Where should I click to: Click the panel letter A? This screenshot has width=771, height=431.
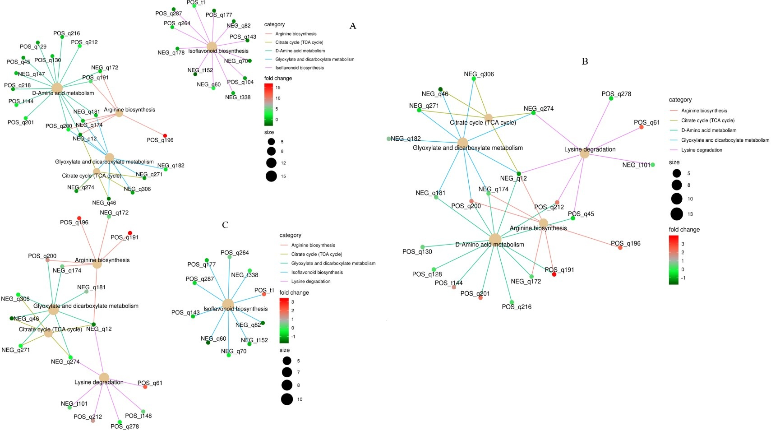pyautogui.click(x=353, y=26)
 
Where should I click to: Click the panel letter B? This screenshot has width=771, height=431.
pyautogui.click(x=585, y=62)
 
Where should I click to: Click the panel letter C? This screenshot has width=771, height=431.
pyautogui.click(x=225, y=225)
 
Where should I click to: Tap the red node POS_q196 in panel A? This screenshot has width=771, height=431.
pyautogui.click(x=165, y=136)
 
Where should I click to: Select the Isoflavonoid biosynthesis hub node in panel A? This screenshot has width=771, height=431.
pyautogui.click(x=212, y=46)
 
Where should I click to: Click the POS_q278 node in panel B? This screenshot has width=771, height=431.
pyautogui.click(x=611, y=98)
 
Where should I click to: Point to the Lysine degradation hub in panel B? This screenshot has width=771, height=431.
pyautogui.click(x=584, y=154)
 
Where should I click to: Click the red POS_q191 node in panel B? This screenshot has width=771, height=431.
pyautogui.click(x=554, y=274)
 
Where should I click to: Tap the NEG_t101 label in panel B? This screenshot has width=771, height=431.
pyautogui.click(x=636, y=165)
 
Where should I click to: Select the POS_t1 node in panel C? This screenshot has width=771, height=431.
pyautogui.click(x=264, y=294)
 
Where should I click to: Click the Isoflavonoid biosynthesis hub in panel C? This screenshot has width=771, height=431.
pyautogui.click(x=228, y=304)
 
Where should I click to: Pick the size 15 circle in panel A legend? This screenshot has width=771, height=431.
pyautogui.click(x=271, y=176)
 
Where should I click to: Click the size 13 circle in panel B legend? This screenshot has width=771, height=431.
pyautogui.click(x=677, y=214)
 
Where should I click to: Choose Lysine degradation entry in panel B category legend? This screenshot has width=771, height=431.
pyautogui.click(x=702, y=150)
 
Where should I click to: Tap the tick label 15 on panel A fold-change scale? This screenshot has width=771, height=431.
pyautogui.click(x=278, y=88)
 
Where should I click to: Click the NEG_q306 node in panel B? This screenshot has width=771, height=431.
pyautogui.click(x=474, y=79)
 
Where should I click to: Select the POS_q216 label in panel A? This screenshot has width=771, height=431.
pyautogui.click(x=66, y=33)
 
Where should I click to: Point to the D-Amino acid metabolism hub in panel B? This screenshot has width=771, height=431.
pyautogui.click(x=495, y=240)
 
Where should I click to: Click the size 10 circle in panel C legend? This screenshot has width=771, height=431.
pyautogui.click(x=287, y=399)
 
